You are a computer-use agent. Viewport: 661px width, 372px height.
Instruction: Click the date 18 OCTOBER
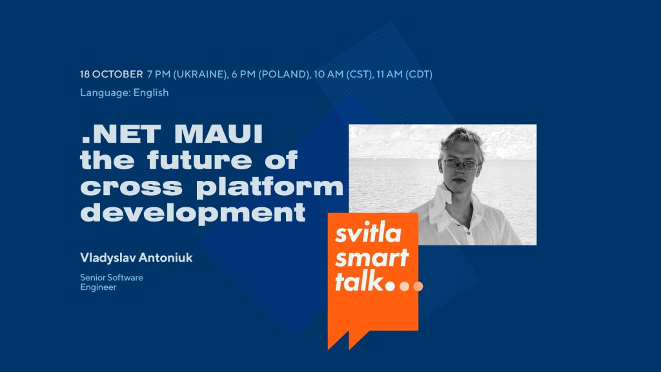pos(112,74)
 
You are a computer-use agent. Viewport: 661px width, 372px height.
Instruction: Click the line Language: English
pos(125,92)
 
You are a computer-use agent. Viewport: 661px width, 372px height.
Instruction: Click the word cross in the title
pos(125,187)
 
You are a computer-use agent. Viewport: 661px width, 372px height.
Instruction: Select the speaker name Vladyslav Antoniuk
pos(136,258)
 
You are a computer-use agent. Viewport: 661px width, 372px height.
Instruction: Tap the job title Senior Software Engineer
pos(112,282)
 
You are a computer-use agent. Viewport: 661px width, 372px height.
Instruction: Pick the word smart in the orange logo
pos(371,258)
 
